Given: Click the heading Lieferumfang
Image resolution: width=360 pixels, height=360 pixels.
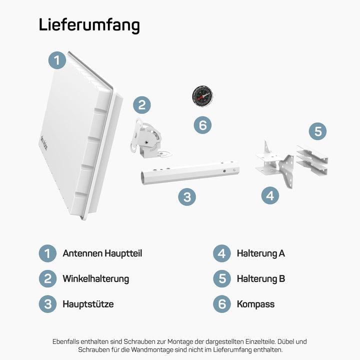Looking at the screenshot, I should (89, 25).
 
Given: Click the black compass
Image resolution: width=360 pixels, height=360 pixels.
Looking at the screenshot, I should (202, 95).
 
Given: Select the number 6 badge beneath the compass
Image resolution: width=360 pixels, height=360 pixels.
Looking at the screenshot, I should (202, 124).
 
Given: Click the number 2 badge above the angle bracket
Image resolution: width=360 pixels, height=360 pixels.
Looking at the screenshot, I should (142, 104).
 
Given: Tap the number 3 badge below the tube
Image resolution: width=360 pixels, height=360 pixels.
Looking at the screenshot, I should (187, 197).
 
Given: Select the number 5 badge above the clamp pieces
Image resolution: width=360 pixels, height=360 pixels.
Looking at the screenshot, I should (317, 131).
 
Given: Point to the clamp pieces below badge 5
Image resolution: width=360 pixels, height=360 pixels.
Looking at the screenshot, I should (312, 160).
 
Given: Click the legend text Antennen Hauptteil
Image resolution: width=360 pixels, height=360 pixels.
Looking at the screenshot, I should (102, 253).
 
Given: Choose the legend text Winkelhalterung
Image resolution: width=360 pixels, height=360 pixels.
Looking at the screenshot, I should (95, 278).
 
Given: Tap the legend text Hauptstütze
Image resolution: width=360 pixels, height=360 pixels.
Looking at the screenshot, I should (88, 303).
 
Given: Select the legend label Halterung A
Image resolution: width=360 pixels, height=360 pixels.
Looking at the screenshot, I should (260, 253).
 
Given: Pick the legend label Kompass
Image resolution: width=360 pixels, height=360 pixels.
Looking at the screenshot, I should (255, 303).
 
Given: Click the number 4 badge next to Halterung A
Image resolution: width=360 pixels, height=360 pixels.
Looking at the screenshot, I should (222, 253).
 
